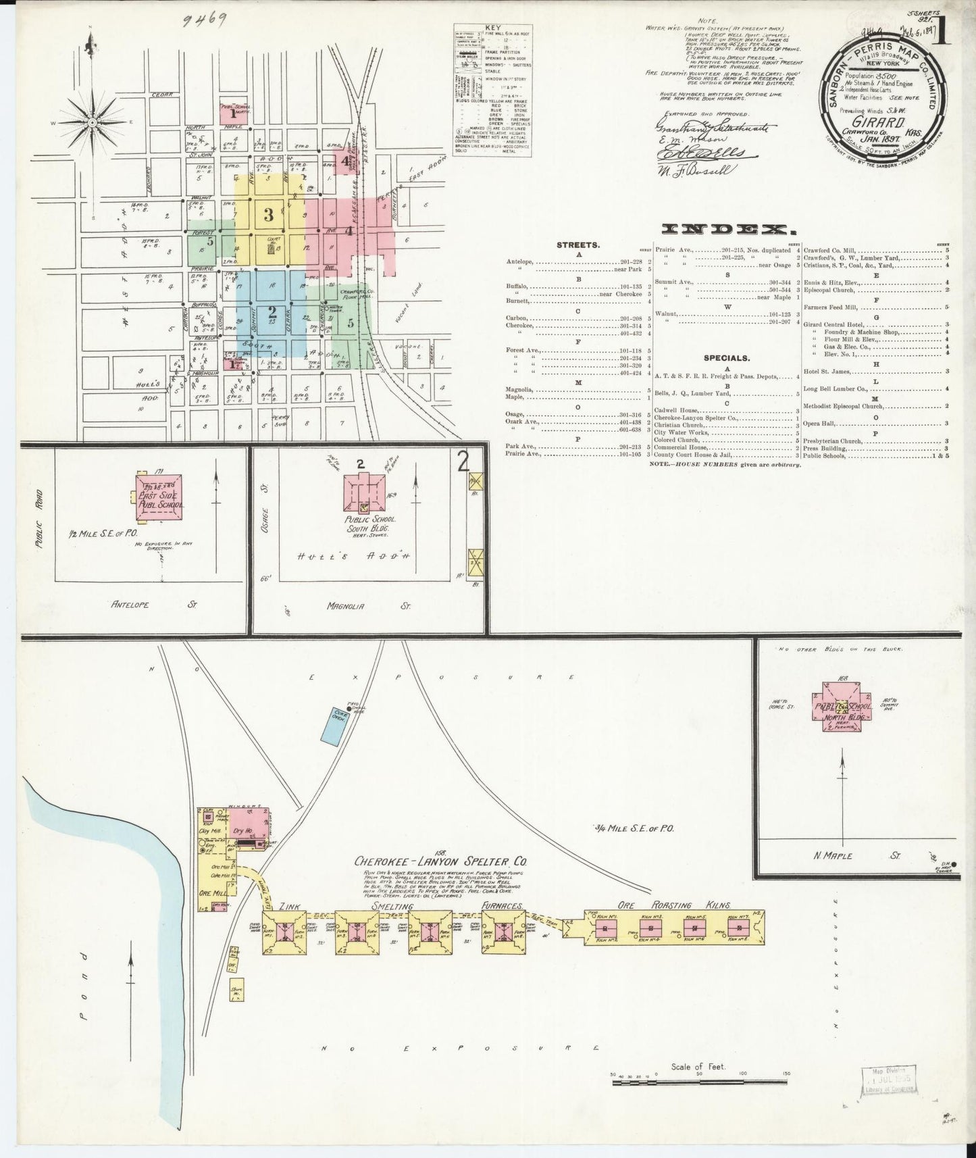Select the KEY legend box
(492, 91)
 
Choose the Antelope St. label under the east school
(152, 605)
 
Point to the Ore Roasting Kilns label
(673, 905)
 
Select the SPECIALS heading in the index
(725, 358)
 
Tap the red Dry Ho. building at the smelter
(247, 830)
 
